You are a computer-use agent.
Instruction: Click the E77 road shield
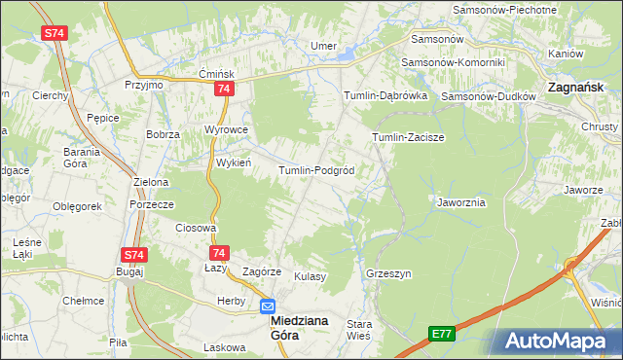[x=442, y=334]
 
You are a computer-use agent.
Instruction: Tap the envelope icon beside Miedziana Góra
[x=268, y=306]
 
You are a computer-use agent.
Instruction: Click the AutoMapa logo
[x=556, y=341]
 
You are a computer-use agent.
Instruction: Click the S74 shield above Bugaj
[x=133, y=255]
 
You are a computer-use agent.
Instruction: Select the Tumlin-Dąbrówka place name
[x=385, y=96]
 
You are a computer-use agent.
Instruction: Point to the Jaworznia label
[x=461, y=202]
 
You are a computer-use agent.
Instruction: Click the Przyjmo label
[x=144, y=85]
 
